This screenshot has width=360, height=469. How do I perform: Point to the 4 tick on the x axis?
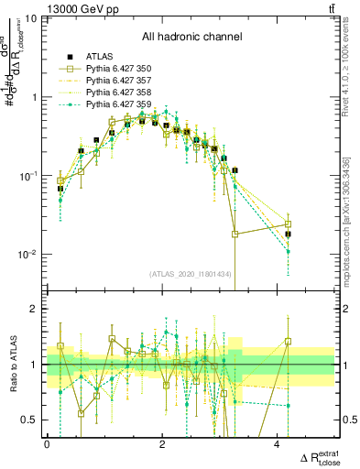click(x=277, y=443)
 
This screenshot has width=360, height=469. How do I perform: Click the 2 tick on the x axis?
click(x=162, y=443)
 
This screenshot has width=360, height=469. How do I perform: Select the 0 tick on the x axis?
click(x=48, y=443)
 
